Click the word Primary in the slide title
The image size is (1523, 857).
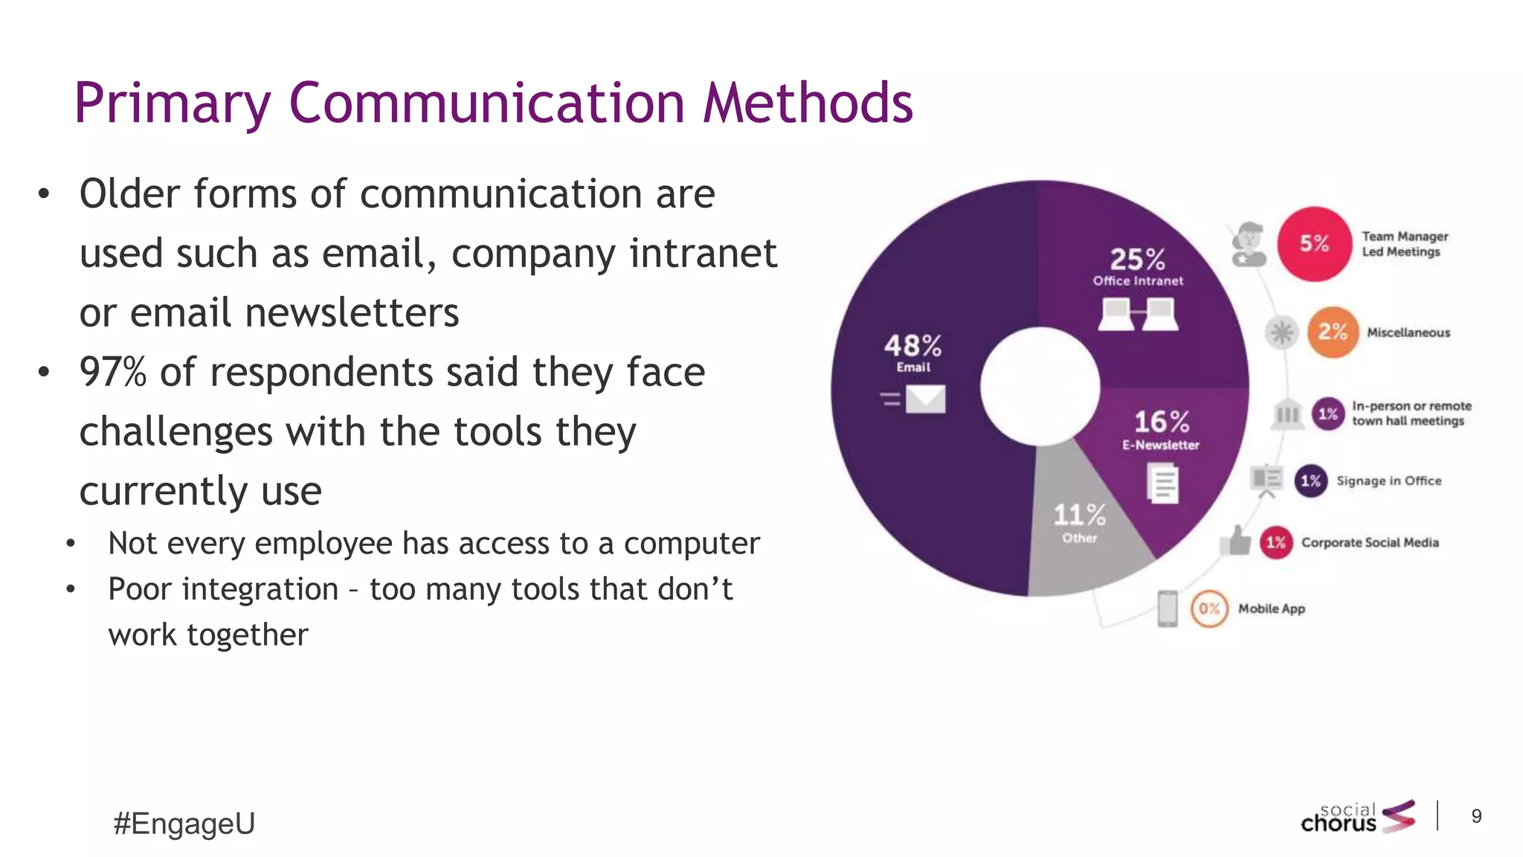[172, 104]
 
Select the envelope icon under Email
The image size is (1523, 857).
[925, 399]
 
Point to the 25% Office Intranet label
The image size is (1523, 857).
[1138, 266]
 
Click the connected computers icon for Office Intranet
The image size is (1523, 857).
[1138, 314]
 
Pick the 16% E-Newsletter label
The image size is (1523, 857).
[1161, 429]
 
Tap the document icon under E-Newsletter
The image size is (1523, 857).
[1163, 483]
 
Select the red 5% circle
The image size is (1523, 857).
[1314, 244]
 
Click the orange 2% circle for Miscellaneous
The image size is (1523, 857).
[1333, 332]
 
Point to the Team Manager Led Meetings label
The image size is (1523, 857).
[1405, 244]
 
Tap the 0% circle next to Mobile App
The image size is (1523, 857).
[1209, 609]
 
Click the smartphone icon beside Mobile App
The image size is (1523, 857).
[1168, 609]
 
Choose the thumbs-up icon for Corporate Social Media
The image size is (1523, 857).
[1237, 541]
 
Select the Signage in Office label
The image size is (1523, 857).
[1388, 481]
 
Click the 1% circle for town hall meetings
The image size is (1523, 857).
[1328, 414]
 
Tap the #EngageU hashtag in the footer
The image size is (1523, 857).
[184, 824]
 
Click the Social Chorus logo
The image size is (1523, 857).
[1358, 817]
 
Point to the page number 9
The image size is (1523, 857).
[1476, 817]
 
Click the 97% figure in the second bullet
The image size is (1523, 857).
[113, 372]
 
